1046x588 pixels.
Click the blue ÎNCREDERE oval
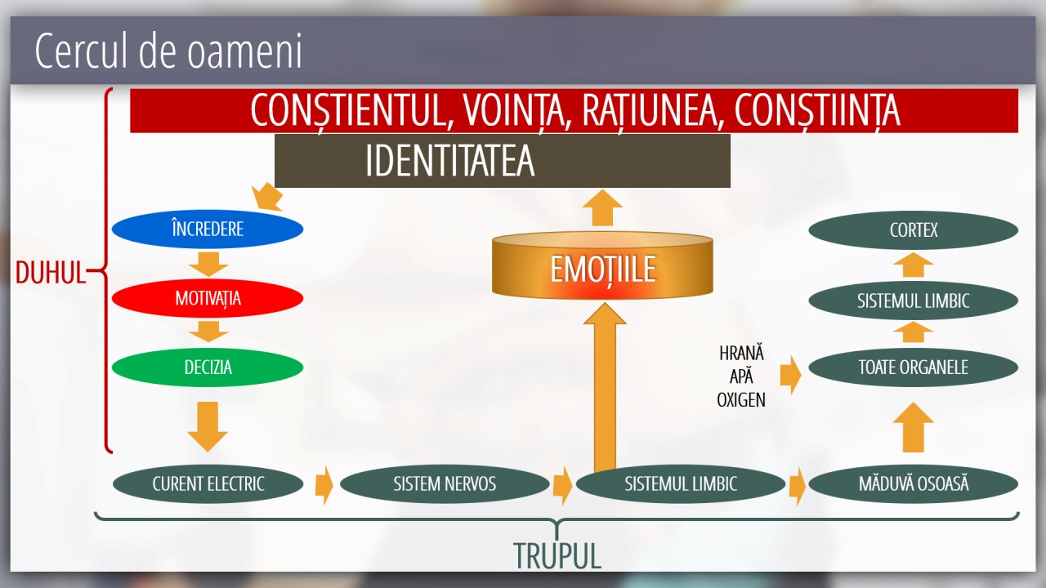[x=208, y=229]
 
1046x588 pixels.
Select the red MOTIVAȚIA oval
[x=208, y=298]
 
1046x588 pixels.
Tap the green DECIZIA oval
[x=208, y=367]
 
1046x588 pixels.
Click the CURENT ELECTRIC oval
[x=208, y=483]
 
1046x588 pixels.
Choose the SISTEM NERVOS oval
[x=445, y=483]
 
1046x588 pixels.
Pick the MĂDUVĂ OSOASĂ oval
[x=914, y=483]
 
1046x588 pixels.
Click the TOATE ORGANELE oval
[x=914, y=367]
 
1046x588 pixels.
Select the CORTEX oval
[x=914, y=230]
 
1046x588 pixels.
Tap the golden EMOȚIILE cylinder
[x=602, y=265]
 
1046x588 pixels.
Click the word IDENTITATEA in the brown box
[x=449, y=161]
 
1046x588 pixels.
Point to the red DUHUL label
[x=51, y=272]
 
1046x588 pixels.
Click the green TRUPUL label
[x=557, y=555]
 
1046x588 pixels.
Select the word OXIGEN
[x=741, y=400]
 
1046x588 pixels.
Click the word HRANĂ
[x=741, y=354]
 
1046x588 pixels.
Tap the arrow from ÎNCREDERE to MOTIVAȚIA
[x=208, y=264]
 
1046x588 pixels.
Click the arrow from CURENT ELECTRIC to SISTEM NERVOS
[x=324, y=485]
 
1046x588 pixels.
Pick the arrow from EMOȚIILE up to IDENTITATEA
[x=602, y=207]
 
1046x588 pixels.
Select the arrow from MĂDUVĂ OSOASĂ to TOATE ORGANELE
[x=913, y=427]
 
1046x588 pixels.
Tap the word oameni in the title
[x=244, y=51]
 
